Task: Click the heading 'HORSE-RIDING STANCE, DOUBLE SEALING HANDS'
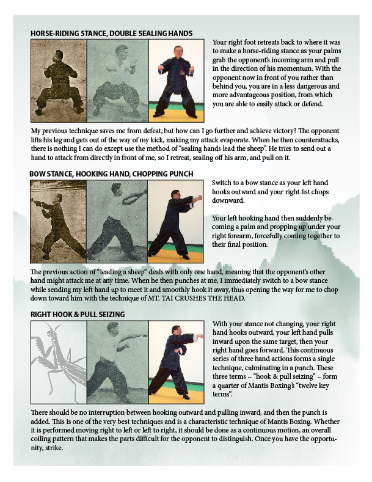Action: pyautogui.click(x=111, y=33)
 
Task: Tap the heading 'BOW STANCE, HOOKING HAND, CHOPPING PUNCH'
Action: pyautogui.click(x=111, y=174)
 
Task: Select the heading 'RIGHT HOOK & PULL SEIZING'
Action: pyautogui.click(x=78, y=315)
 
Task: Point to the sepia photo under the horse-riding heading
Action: pyautogui.click(x=59, y=81)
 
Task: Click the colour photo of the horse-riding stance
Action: pyautogui.click(x=176, y=81)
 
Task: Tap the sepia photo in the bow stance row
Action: pyautogui.click(x=59, y=221)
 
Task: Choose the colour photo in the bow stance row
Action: pyautogui.click(x=175, y=221)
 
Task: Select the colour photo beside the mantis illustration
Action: pyautogui.click(x=176, y=362)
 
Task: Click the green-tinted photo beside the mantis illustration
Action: pyautogui.click(x=117, y=362)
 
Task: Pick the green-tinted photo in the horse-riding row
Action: pyautogui.click(x=118, y=81)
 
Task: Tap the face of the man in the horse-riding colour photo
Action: pyautogui.click(x=177, y=51)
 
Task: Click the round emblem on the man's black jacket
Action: pyautogui.click(x=183, y=73)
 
